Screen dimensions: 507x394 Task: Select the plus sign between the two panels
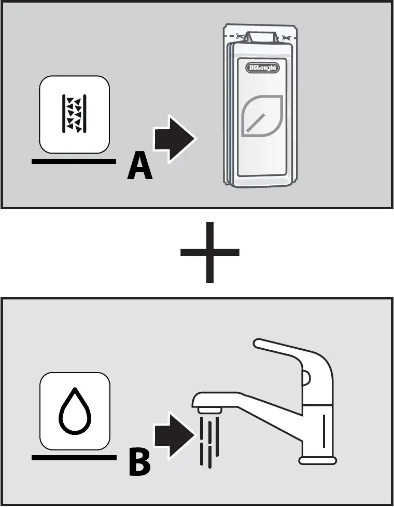pyautogui.click(x=210, y=252)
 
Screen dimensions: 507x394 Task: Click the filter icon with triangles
pyautogui.click(x=75, y=114)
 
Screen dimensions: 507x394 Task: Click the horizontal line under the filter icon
pyautogui.click(x=74, y=161)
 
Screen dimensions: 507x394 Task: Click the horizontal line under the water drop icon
pyautogui.click(x=74, y=457)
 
